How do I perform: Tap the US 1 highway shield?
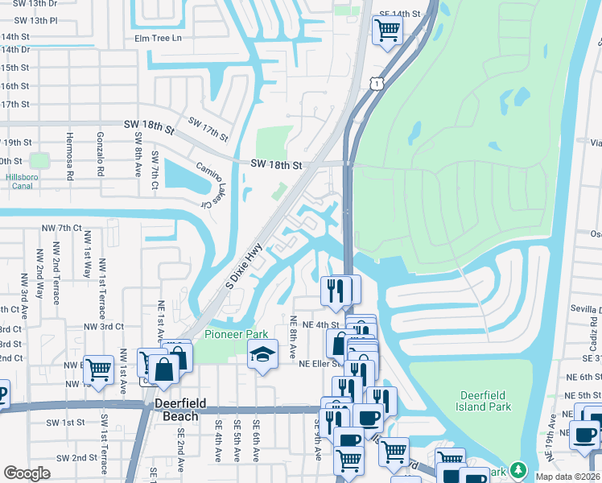pyautogui.click(x=376, y=84)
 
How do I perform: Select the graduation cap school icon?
pyautogui.click(x=262, y=354)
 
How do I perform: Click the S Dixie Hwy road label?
pyautogui.click(x=244, y=268)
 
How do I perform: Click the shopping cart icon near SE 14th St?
pyautogui.click(x=388, y=30)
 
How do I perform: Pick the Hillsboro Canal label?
pyautogui.click(x=28, y=180)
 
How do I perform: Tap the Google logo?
pyautogui.click(x=27, y=473)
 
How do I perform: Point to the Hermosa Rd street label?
pyautogui.click(x=70, y=155)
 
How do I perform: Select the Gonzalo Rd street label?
pyautogui.click(x=101, y=154)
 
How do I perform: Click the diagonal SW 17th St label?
pyautogui.click(x=208, y=129)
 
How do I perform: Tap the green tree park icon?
pyautogui.click(x=520, y=469)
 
